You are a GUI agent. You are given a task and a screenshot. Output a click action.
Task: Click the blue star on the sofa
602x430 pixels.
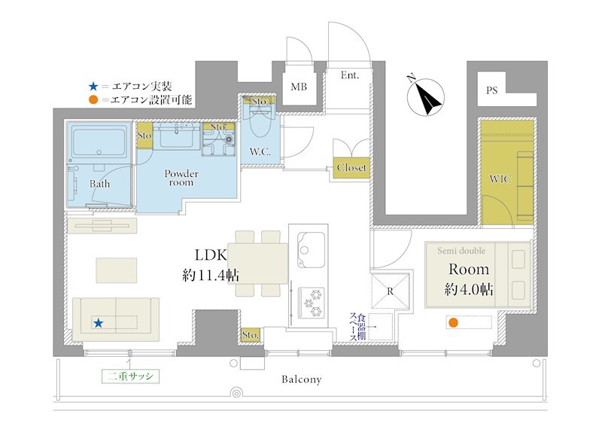pyautogui.click(x=99, y=323)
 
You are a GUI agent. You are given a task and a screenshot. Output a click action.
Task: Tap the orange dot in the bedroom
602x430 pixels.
pyautogui.click(x=454, y=322)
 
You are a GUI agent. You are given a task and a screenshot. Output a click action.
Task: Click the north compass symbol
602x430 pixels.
pyautogui.click(x=425, y=96)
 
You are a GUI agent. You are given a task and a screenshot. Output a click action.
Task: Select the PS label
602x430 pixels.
pyautogui.click(x=491, y=90)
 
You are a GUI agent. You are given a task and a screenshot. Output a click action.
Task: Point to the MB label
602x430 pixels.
pyautogui.click(x=299, y=87)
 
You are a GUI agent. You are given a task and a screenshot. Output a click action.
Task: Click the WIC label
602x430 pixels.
pyautogui.click(x=500, y=178)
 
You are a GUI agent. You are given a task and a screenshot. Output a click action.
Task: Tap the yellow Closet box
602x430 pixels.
pyautogui.click(x=351, y=168)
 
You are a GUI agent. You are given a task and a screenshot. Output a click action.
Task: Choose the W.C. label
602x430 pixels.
pyautogui.click(x=260, y=152)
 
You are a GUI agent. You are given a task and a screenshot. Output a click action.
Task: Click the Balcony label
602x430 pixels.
pyautogui.click(x=302, y=380)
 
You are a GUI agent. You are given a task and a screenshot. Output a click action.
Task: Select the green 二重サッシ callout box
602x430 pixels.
pyautogui.click(x=130, y=376)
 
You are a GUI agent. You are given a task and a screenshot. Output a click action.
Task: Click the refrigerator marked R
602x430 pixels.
pyautogui.click(x=390, y=291)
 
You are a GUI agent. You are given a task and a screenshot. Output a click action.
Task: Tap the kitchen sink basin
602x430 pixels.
pyautogui.click(x=311, y=250)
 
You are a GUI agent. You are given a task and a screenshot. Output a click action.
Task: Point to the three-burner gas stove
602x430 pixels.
pyautogui.click(x=312, y=303)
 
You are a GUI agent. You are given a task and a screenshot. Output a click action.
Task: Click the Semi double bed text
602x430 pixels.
pyautogui.click(x=461, y=251)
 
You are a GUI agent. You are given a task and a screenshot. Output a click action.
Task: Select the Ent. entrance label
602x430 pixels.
pyautogui.click(x=349, y=75)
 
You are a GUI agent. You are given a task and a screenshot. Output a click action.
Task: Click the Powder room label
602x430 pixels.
pyautogui.click(x=181, y=178)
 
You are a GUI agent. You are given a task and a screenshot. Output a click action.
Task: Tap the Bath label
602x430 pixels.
pyautogui.click(x=100, y=184)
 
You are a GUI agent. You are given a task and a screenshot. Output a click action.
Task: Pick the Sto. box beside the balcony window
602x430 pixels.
pyautogui.click(x=251, y=334)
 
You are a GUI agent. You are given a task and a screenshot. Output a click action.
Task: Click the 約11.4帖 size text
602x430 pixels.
pyautogui.click(x=211, y=275)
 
